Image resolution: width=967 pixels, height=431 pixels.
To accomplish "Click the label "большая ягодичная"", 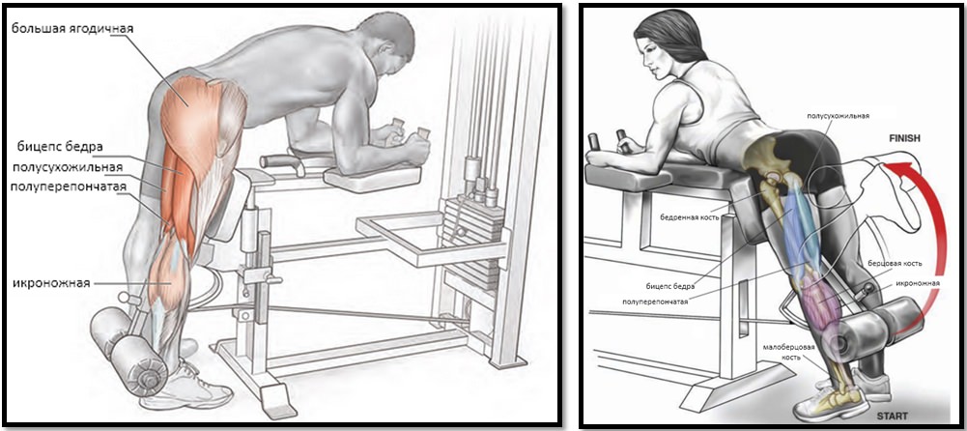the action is click(72, 28).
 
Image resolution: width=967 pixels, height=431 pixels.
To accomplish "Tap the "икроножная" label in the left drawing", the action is click(51, 283).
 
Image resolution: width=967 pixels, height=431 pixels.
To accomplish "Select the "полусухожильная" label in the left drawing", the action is click(67, 166).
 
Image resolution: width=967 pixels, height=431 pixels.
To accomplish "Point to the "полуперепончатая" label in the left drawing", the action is click(69, 187).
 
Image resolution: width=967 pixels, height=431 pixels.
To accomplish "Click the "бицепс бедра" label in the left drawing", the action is click(60, 147).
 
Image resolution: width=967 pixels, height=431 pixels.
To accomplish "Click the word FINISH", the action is click(904, 139).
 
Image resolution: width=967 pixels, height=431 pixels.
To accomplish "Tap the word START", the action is click(892, 417).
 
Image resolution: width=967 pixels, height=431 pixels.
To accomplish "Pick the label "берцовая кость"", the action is click(896, 263).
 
